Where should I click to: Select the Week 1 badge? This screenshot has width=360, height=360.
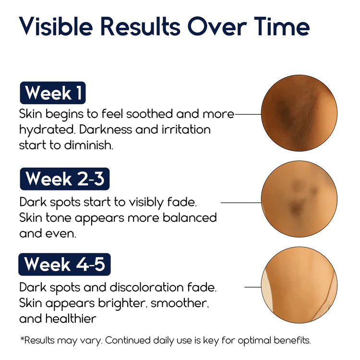(53, 93)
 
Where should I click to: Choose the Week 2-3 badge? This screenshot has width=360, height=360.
(65, 179)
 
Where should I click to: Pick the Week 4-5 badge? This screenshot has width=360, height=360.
(64, 264)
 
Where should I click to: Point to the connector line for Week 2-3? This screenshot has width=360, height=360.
(240, 203)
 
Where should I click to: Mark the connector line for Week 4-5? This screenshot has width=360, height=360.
(252, 287)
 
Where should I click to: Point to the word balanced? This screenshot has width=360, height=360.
(191, 217)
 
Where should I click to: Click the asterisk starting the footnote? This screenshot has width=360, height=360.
(22, 339)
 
